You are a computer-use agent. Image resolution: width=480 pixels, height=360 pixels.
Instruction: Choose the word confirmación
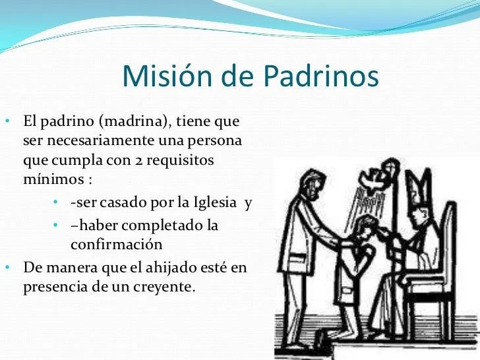(x=116, y=245)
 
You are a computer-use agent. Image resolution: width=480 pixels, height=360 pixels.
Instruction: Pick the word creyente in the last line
(x=169, y=287)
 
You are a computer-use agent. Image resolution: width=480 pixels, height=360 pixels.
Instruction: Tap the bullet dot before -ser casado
(x=57, y=202)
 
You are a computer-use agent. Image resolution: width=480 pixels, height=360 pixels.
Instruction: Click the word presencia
(x=53, y=287)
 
